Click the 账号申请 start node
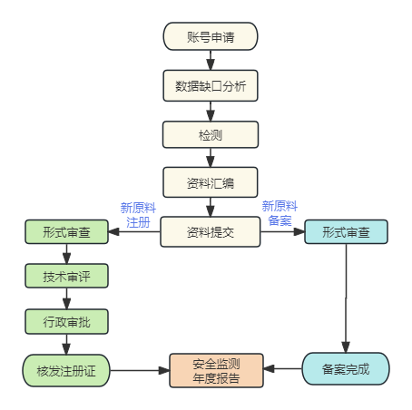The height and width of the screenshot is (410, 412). [211, 36]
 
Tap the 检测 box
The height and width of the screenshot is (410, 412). [211, 134]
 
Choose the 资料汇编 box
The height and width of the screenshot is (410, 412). [211, 182]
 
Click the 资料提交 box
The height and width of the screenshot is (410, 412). [211, 231]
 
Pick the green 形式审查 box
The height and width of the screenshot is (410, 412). [66, 232]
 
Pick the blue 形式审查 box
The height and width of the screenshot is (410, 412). [346, 232]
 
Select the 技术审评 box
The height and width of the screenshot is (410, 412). [66, 276]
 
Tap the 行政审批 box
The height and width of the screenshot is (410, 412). [66, 321]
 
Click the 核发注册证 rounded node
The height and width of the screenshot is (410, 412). [66, 370]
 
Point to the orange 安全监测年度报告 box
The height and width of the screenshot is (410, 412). [217, 370]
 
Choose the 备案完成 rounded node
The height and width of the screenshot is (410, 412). [346, 369]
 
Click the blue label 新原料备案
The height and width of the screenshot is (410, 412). [280, 212]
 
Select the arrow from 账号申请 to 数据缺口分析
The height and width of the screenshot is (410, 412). [211, 60]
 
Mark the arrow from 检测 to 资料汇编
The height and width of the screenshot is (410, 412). [211, 158]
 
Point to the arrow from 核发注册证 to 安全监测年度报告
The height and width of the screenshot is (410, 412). [139, 370]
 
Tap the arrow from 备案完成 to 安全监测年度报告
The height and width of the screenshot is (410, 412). [283, 369]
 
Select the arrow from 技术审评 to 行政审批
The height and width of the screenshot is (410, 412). [66, 298]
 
